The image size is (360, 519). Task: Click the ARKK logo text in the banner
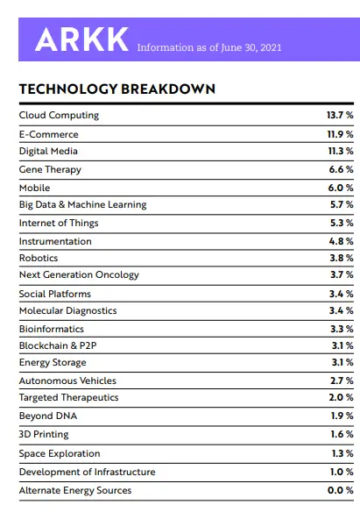click(81, 39)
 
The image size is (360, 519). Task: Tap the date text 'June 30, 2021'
click(251, 47)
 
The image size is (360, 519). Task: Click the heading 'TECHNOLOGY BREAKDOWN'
click(117, 89)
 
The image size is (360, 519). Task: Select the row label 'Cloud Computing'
click(59, 115)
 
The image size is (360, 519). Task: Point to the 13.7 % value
click(340, 115)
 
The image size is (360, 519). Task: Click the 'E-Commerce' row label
click(48, 134)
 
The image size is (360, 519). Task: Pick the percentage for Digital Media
click(341, 151)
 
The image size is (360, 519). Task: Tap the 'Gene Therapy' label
click(50, 169)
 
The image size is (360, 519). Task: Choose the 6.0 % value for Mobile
click(341, 188)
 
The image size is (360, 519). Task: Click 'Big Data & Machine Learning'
click(82, 204)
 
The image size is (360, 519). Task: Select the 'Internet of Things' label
click(59, 223)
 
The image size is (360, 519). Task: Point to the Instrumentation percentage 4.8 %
click(342, 241)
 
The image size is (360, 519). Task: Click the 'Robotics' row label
click(39, 258)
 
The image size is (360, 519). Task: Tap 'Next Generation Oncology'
click(79, 274)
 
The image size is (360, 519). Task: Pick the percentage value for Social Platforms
click(342, 294)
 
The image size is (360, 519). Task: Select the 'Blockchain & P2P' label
click(58, 345)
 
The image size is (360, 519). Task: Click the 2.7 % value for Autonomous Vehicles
click(342, 380)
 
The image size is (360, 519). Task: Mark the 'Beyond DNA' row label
click(48, 416)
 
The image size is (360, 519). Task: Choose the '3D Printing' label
click(44, 434)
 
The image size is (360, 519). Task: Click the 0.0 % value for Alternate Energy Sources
click(341, 490)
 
